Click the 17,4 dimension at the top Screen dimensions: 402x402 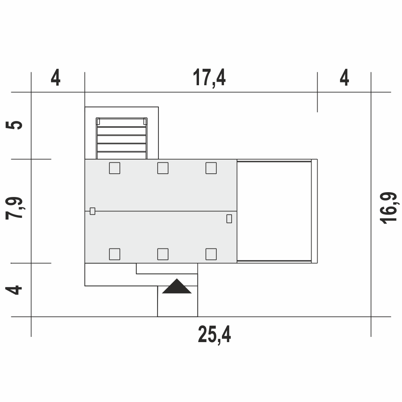pyautogui.click(x=209, y=78)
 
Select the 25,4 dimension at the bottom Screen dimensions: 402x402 pyautogui.click(x=214, y=334)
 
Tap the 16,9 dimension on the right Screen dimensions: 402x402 pyautogui.click(x=389, y=208)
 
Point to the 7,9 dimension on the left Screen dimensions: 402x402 pyautogui.click(x=14, y=208)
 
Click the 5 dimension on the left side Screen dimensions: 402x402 pyautogui.click(x=14, y=125)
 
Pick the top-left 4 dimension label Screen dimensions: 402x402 pyautogui.click(x=55, y=77)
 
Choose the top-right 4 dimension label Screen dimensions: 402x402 pyautogui.click(x=345, y=77)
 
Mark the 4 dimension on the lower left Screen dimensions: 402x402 pyautogui.click(x=14, y=290)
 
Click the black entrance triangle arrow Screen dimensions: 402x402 pyautogui.click(x=176, y=286)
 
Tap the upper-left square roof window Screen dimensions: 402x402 pyautogui.click(x=115, y=168)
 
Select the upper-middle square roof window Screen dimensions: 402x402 pyautogui.click(x=163, y=168)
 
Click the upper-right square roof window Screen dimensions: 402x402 pyautogui.click(x=211, y=168)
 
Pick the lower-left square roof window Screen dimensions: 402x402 pyautogui.click(x=115, y=254)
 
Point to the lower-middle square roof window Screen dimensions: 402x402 pyautogui.click(x=163, y=254)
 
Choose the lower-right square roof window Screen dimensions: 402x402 pyautogui.click(x=211, y=254)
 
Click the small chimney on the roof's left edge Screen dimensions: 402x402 pyautogui.click(x=92, y=211)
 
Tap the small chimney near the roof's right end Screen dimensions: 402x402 pyautogui.click(x=229, y=219)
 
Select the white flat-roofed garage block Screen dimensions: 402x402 pyautogui.click(x=277, y=211)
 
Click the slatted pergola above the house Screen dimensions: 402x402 pyautogui.click(x=121, y=138)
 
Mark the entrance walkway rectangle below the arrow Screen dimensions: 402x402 pyautogui.click(x=177, y=301)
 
